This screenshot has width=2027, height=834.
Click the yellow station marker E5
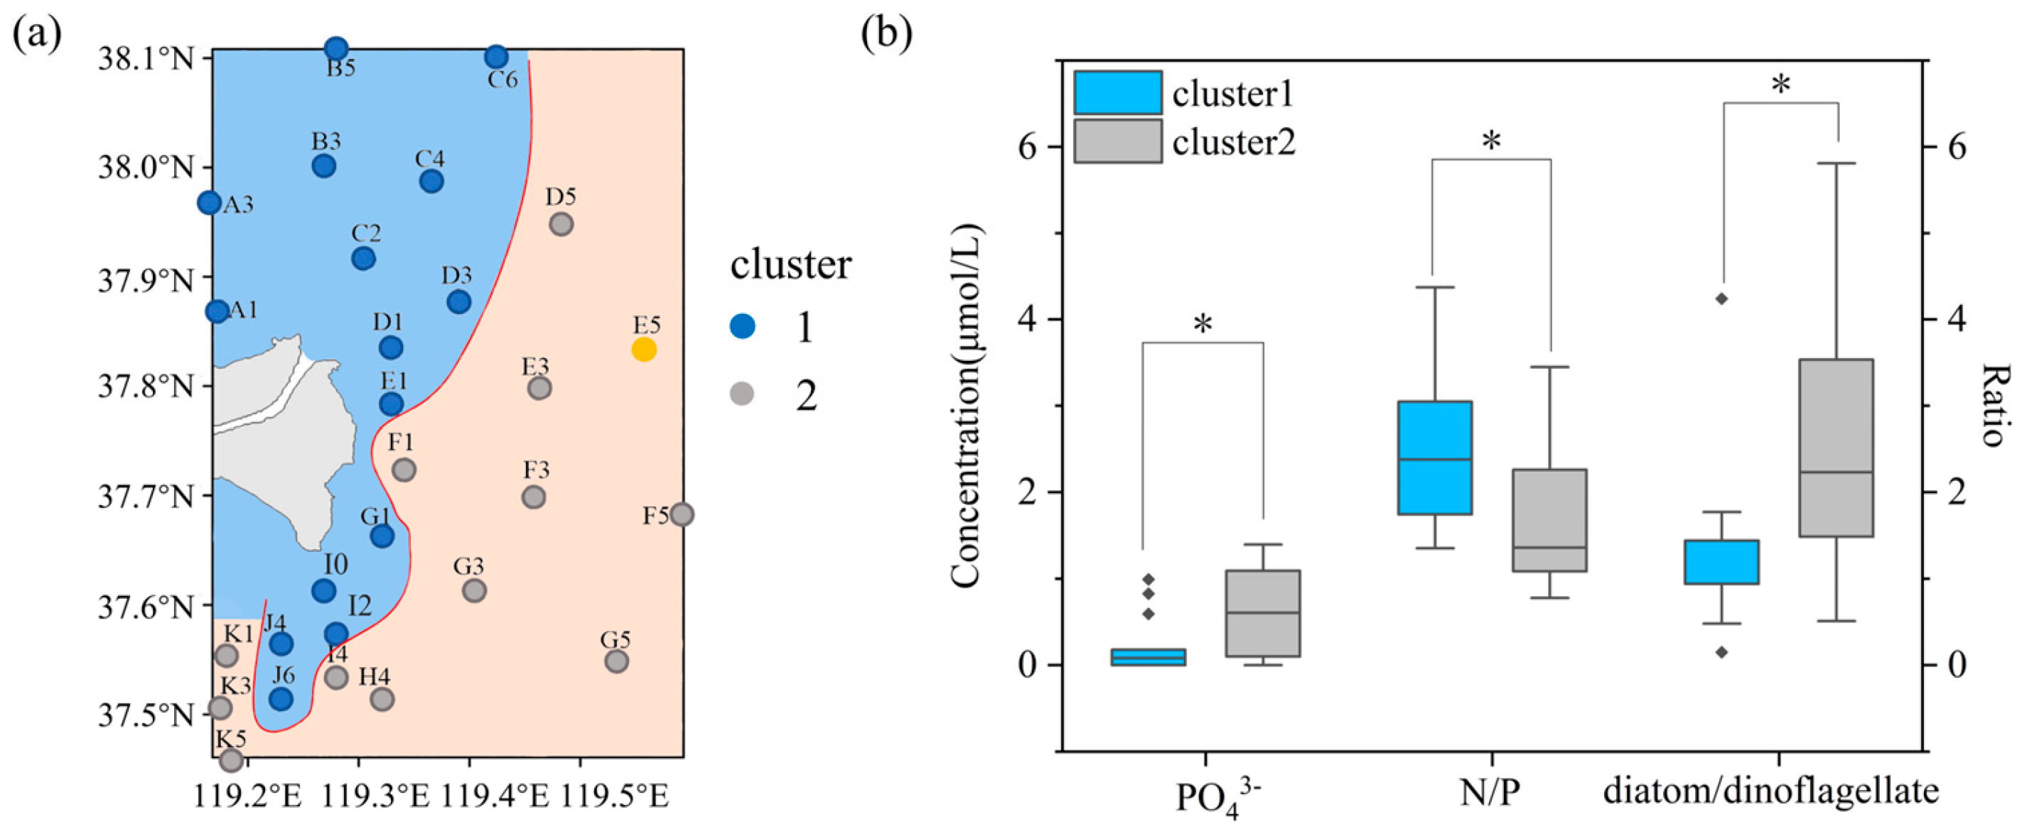click(x=644, y=349)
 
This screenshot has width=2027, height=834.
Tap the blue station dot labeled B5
click(x=336, y=49)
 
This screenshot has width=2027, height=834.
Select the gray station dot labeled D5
click(x=561, y=224)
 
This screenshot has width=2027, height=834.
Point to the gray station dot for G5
click(x=617, y=661)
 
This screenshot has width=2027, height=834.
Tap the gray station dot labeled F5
click(x=682, y=514)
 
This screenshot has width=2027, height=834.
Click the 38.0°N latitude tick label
click(x=145, y=168)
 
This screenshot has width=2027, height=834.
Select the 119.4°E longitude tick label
click(x=494, y=796)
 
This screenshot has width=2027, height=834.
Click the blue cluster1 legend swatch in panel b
click(x=1117, y=93)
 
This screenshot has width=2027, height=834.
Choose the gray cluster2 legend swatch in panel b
click(x=1117, y=141)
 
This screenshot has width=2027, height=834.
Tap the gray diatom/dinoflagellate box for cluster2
click(x=1836, y=448)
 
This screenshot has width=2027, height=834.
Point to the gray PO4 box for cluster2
click(x=1263, y=613)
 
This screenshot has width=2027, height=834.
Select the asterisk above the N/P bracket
click(x=1491, y=141)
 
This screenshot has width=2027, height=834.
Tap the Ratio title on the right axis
click(x=1991, y=405)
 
